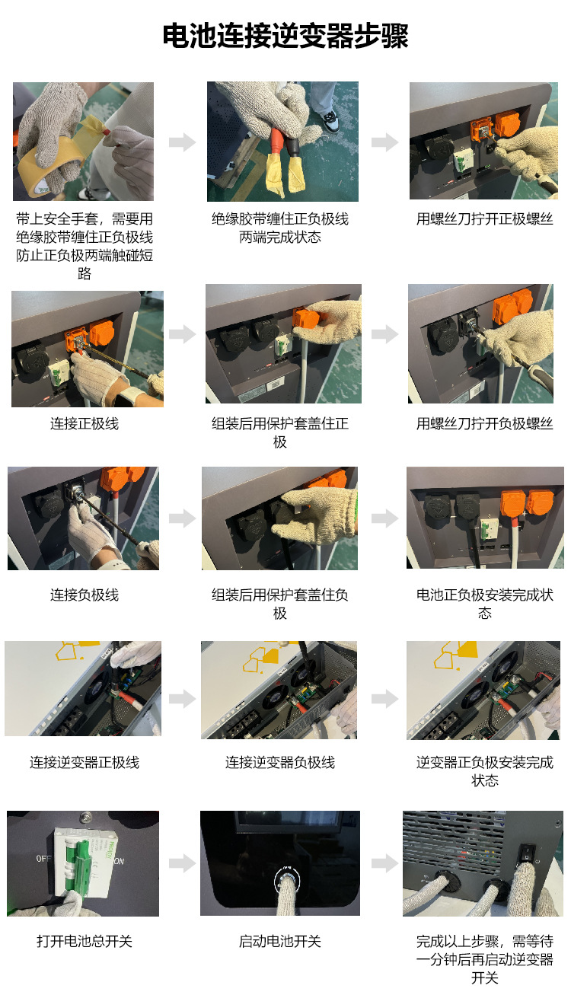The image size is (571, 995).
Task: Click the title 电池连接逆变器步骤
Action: pos(285,36)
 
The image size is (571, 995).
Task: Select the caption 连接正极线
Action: pos(85,424)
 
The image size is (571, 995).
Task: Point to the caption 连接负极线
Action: pos(85,595)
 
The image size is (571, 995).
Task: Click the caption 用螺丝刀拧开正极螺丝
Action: pos(484,219)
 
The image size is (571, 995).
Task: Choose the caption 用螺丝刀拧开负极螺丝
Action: pos(484,424)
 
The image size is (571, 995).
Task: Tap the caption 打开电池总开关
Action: pos(85,942)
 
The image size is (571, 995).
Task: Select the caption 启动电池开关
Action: pos(280,942)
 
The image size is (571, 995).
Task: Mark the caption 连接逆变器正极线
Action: pos(85,762)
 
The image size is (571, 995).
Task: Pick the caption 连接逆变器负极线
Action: pos(280,762)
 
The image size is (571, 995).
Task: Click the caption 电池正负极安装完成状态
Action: pos(484,604)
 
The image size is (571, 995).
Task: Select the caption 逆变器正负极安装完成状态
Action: pos(484,771)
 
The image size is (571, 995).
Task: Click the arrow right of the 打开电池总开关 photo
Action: pos(182,863)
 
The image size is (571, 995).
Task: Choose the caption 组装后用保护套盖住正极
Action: pos(280,433)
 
